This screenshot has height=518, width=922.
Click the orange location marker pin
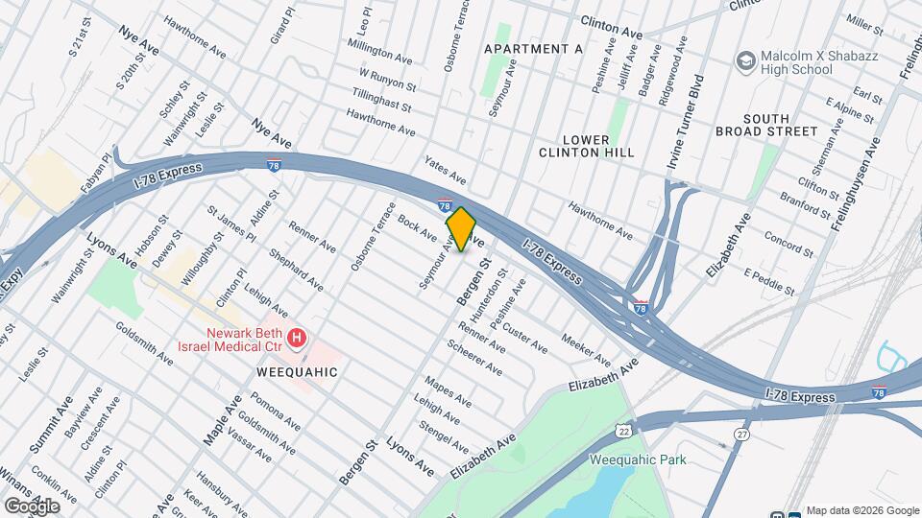(x=461, y=229)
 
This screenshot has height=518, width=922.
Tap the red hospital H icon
(x=298, y=338)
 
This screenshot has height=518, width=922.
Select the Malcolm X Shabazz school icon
(x=744, y=61)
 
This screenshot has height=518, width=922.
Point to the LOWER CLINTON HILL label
(x=573, y=146)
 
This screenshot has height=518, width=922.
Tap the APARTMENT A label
(x=533, y=49)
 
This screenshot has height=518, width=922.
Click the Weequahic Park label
(x=638, y=459)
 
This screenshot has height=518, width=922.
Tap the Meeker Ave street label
(x=586, y=350)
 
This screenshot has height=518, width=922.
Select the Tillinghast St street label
(x=381, y=100)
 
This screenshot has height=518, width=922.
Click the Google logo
(x=32, y=506)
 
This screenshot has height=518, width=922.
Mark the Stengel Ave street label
(x=444, y=432)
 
